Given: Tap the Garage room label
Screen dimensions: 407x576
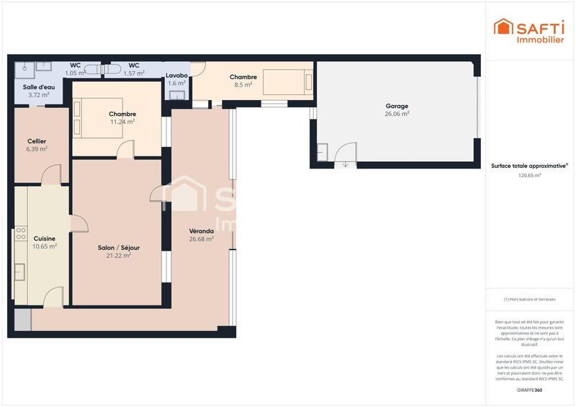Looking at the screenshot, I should pyautogui.click(x=396, y=106).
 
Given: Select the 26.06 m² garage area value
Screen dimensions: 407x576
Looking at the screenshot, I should pyautogui.click(x=396, y=114).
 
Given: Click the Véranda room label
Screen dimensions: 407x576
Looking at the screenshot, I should pyautogui.click(x=201, y=231).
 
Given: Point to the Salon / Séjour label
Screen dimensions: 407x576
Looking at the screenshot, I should pyautogui.click(x=119, y=248).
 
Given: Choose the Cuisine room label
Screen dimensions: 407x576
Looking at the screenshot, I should pyautogui.click(x=45, y=238).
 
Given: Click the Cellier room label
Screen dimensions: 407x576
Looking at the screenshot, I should pyautogui.click(x=37, y=141).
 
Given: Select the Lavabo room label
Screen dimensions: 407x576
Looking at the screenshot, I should pyautogui.click(x=176, y=75).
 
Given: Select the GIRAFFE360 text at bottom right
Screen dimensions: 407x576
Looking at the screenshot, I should pyautogui.click(x=529, y=390).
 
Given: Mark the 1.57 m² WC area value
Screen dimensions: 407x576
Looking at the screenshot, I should pyautogui.click(x=135, y=73).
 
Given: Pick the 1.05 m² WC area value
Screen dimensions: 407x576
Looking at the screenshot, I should pyautogui.click(x=76, y=73).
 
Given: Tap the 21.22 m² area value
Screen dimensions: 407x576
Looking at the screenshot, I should pyautogui.click(x=119, y=256).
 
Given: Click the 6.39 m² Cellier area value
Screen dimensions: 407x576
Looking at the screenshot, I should pyautogui.click(x=37, y=149).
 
